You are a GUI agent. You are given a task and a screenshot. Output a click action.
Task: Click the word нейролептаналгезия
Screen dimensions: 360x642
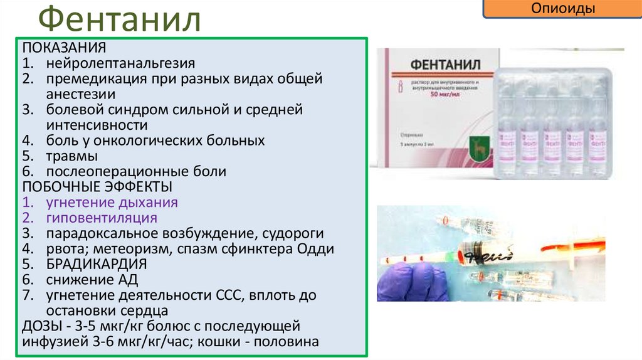tap(120, 63)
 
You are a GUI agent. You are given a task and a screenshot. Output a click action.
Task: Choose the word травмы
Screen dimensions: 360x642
tap(71, 156)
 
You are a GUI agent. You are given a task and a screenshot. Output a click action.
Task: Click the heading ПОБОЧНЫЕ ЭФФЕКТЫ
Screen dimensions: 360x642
tap(97, 187)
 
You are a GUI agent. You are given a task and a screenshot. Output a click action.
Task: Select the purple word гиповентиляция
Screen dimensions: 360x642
tap(101, 218)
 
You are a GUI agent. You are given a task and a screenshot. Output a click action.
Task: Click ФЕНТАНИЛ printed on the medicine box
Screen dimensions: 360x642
tap(437, 65)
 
